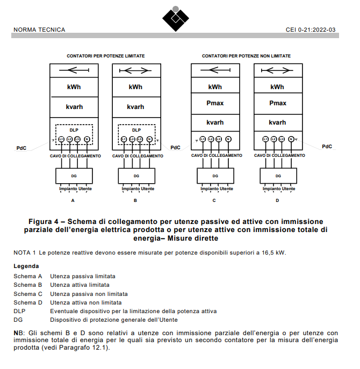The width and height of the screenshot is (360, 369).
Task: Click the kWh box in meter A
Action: (x=74, y=87)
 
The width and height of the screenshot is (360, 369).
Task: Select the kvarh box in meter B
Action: (x=135, y=107)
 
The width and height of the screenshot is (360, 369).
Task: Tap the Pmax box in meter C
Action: (x=215, y=103)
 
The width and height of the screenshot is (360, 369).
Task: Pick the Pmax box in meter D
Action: (x=277, y=103)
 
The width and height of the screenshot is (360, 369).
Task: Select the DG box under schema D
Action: (x=278, y=176)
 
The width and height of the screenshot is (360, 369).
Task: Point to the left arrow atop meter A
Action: (x=74, y=70)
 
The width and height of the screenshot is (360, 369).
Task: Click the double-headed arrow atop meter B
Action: (x=135, y=70)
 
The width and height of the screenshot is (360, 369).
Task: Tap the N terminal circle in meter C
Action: (x=229, y=139)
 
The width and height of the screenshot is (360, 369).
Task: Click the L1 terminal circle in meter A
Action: (x=61, y=140)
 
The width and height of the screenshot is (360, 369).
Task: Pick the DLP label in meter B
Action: (x=136, y=130)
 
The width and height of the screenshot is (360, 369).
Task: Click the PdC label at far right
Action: (x=327, y=146)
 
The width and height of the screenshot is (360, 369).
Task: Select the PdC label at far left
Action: (x=21, y=148)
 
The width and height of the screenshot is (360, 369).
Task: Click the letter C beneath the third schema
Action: (x=214, y=200)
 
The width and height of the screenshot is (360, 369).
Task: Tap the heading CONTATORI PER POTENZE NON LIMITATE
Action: (x=246, y=56)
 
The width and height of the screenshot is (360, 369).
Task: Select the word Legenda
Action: (x=26, y=266)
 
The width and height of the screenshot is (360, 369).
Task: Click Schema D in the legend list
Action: (x=28, y=302)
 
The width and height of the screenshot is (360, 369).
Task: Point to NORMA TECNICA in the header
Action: (x=39, y=30)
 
